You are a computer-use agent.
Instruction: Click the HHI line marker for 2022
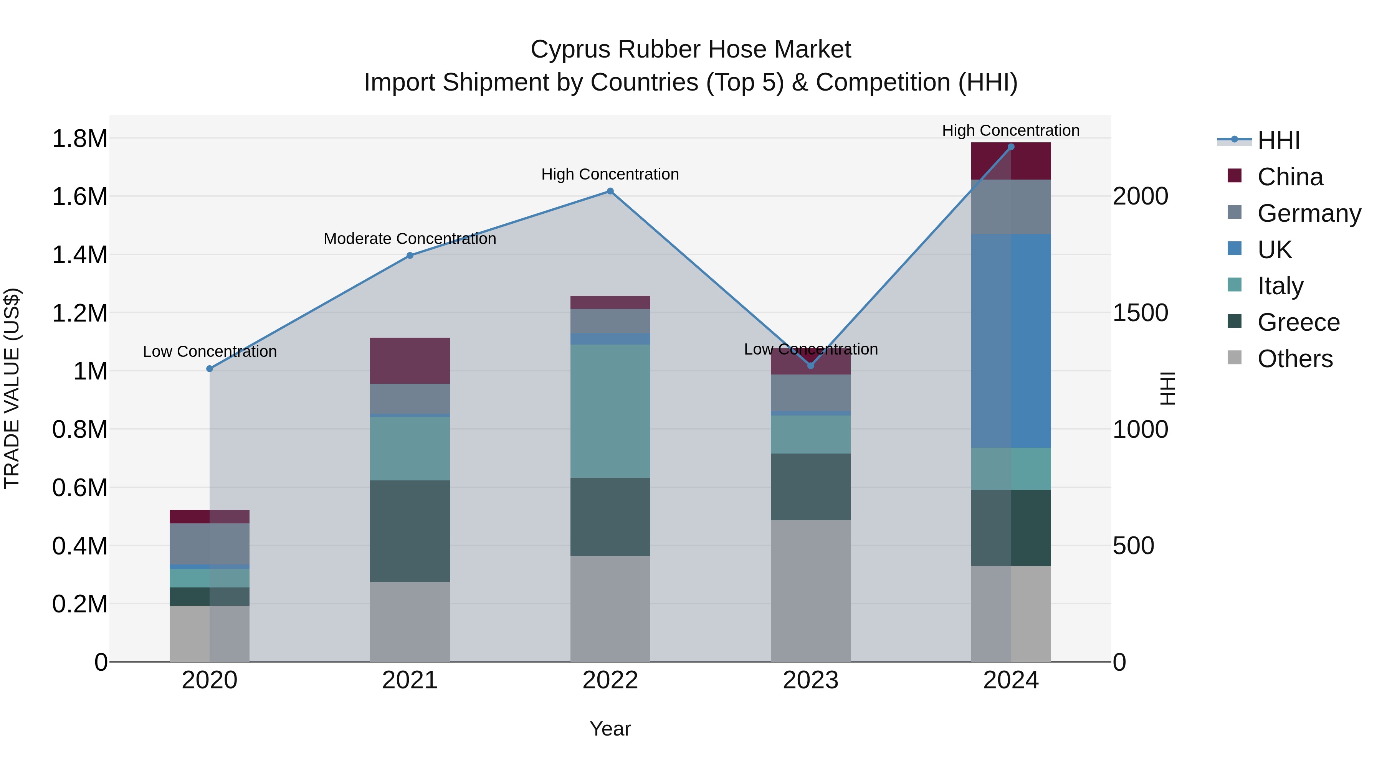[610, 191]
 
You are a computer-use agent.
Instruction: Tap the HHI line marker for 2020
[210, 369]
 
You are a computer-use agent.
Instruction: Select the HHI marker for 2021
[410, 256]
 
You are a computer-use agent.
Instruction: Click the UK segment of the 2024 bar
[1011, 341]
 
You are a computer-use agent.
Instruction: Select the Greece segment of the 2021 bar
[410, 531]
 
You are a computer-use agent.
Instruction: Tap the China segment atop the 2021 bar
[410, 360]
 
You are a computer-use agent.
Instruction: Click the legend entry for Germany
[1309, 213]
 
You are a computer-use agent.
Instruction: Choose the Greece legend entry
[1298, 322]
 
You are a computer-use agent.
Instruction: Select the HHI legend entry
[1278, 140]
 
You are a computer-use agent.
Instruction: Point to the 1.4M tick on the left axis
[79, 255]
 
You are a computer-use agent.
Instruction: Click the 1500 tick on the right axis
[1140, 313]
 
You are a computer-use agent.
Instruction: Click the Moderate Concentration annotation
[410, 239]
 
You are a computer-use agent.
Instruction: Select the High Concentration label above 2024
[1011, 130]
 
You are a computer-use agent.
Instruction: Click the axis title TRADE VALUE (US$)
[12, 388]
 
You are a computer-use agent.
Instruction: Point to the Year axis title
[610, 729]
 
